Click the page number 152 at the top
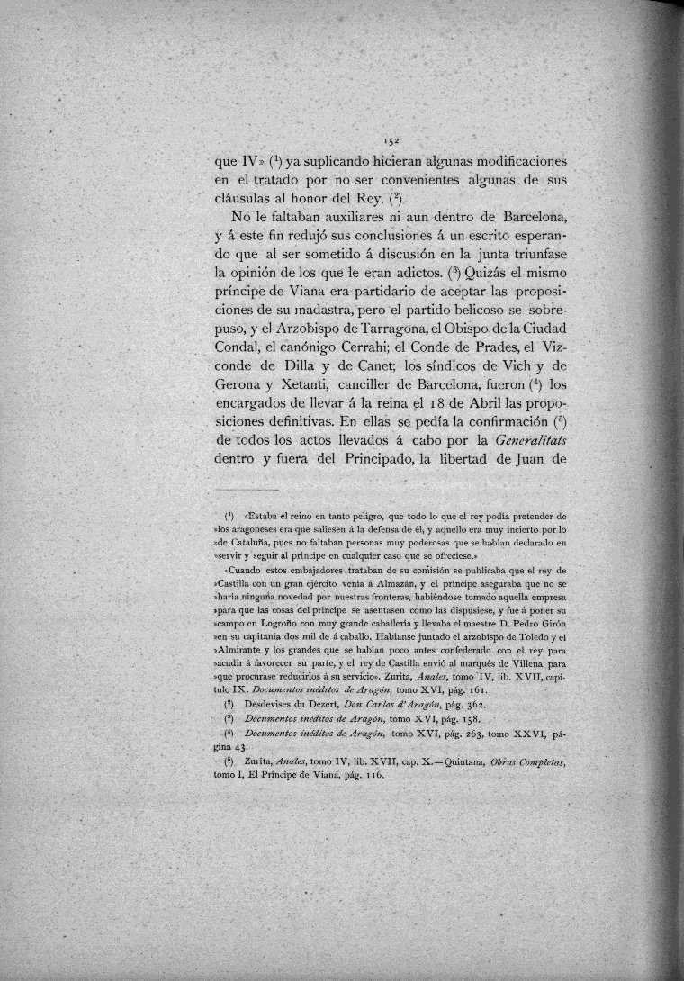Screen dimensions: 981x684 pyautogui.click(x=391, y=141)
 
